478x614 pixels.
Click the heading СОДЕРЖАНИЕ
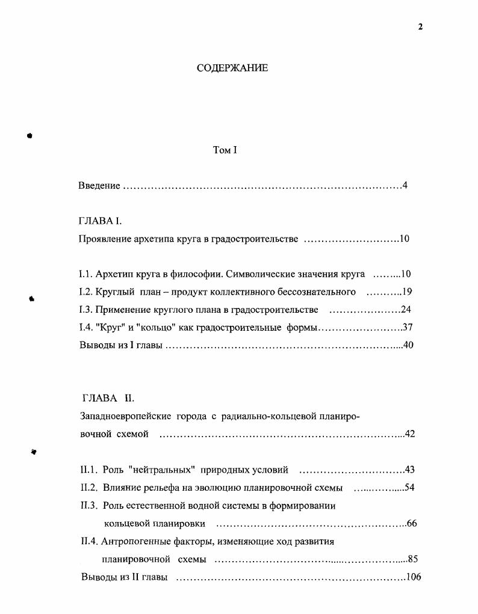pyautogui.click(x=232, y=68)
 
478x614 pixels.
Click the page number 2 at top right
pyautogui.click(x=421, y=26)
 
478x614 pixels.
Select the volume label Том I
pyautogui.click(x=225, y=150)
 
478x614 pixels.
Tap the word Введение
pyautogui.click(x=99, y=186)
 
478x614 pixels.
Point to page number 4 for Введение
pyautogui.click(x=405, y=185)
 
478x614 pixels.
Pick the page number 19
pyautogui.click(x=406, y=292)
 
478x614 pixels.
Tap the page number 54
pyautogui.click(x=409, y=487)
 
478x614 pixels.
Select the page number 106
pyautogui.click(x=413, y=577)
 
